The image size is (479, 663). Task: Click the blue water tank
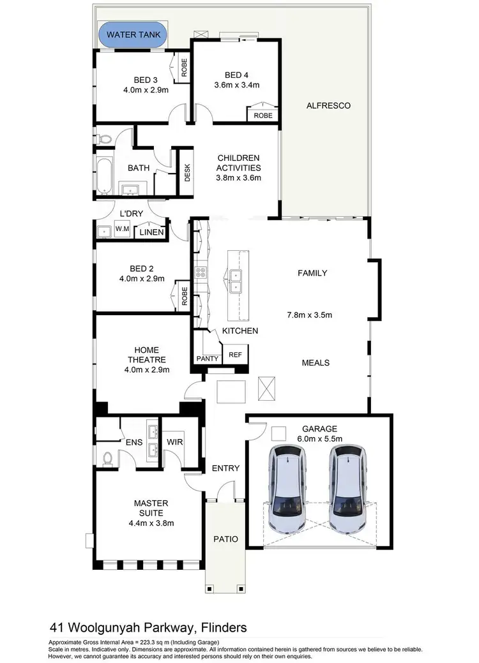point(132,34)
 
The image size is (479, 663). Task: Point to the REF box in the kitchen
point(235,354)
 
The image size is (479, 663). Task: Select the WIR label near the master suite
point(175,442)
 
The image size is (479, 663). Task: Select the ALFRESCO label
point(328,105)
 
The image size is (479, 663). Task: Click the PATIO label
point(225,539)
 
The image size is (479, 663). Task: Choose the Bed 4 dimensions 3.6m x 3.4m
point(237,84)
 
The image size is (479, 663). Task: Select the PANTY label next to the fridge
point(208,359)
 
